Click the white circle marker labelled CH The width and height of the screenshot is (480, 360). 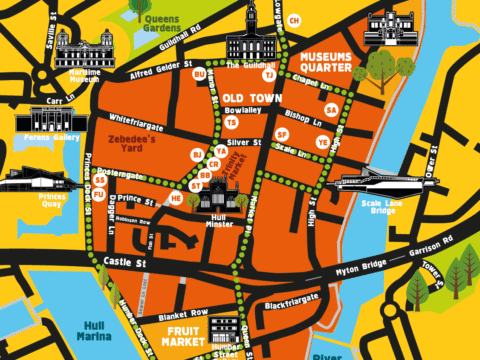pyautogui.click(x=293, y=20)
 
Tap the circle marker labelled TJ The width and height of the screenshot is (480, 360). pyautogui.click(x=268, y=73)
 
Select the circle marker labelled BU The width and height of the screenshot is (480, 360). pyautogui.click(x=199, y=74)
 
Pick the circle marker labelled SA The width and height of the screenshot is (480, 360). pyautogui.click(x=331, y=110)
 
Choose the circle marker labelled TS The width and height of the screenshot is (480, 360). pyautogui.click(x=231, y=122)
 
